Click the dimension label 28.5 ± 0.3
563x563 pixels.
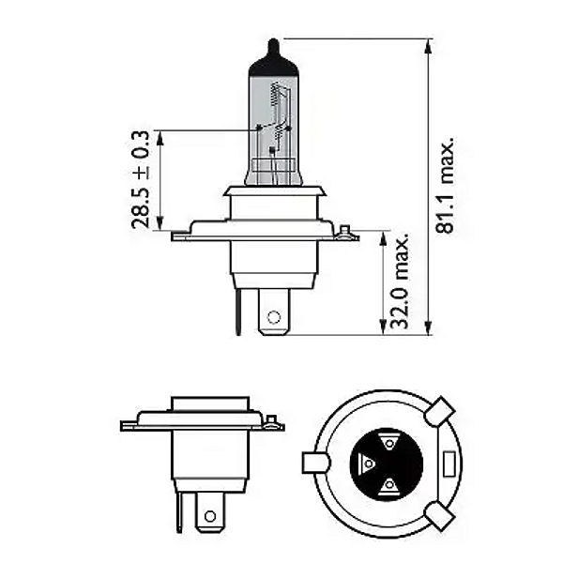pyautogui.click(x=141, y=179)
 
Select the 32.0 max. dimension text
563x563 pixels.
pyautogui.click(x=401, y=281)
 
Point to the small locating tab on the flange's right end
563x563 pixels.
pyautogui.click(x=344, y=229)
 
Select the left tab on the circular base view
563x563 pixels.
pyautogui.click(x=315, y=463)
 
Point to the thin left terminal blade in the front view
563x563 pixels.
pyautogui.click(x=236, y=309)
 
